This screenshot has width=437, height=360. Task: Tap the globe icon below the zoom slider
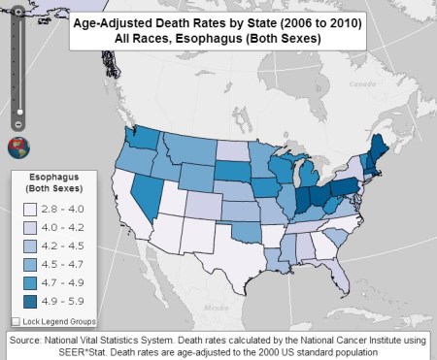17,147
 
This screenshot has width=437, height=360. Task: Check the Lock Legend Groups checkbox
16,319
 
